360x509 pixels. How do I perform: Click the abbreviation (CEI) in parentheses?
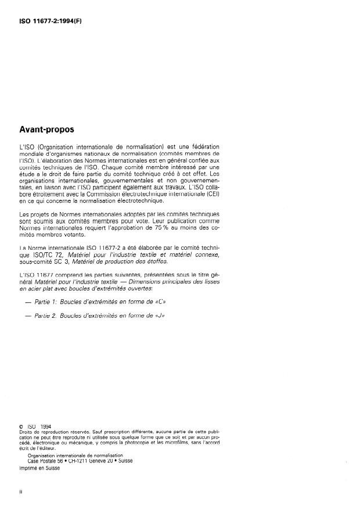(211, 194)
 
